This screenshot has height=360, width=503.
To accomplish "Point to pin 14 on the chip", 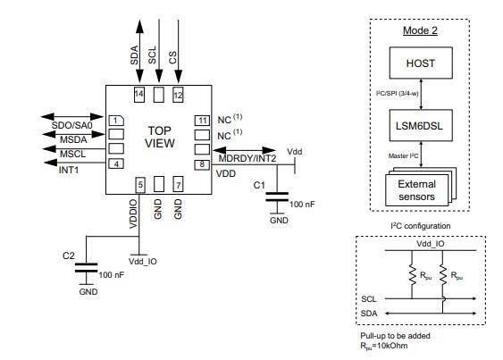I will [138, 93].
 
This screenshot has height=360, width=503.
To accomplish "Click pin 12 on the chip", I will [177, 93].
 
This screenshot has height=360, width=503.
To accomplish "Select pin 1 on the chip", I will [115, 120].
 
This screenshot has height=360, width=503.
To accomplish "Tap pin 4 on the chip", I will [115, 163].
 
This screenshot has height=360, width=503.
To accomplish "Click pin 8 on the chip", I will [203, 163].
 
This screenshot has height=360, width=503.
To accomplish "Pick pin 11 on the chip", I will [203, 120].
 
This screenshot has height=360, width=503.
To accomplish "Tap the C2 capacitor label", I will [68, 255].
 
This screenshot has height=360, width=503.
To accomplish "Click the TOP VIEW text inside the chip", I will [159, 136].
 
